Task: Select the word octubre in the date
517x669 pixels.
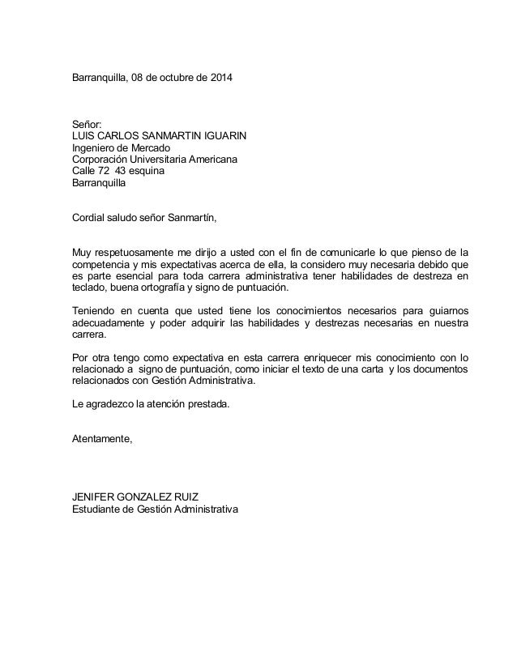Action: pos(178,81)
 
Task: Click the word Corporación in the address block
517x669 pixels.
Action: pos(101,160)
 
